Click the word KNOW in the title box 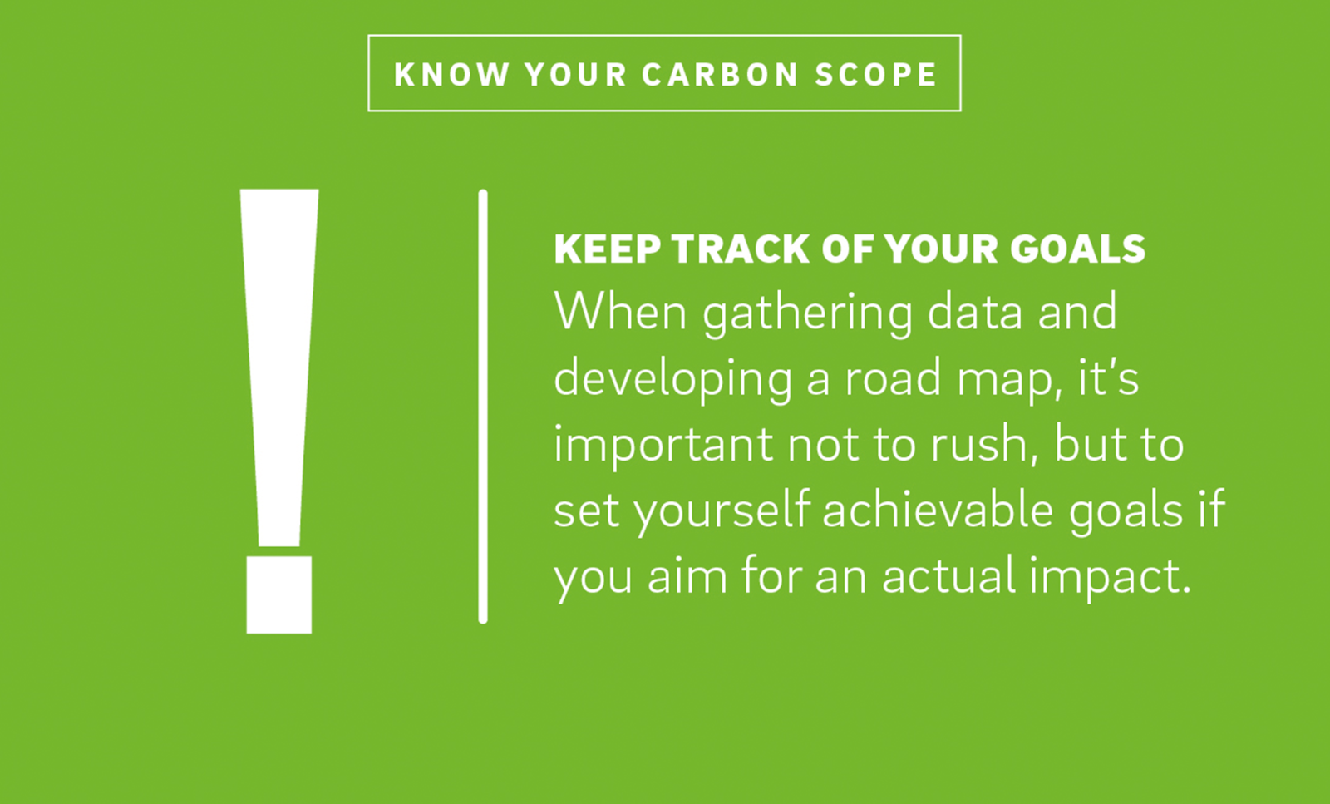pyautogui.click(x=452, y=74)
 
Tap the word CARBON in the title pyautogui.click(x=720, y=74)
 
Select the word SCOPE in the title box pyautogui.click(x=876, y=74)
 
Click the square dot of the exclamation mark pyautogui.click(x=279, y=595)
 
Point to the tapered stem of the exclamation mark pyautogui.click(x=279, y=367)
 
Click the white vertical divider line pyautogui.click(x=483, y=407)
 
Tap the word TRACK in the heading pyautogui.click(x=741, y=249)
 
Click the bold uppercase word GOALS pyautogui.click(x=1077, y=249)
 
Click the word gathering pyautogui.click(x=807, y=315)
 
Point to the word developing pyautogui.click(x=672, y=381)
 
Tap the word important pyautogui.click(x=663, y=446)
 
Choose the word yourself pyautogui.click(x=722, y=512)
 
